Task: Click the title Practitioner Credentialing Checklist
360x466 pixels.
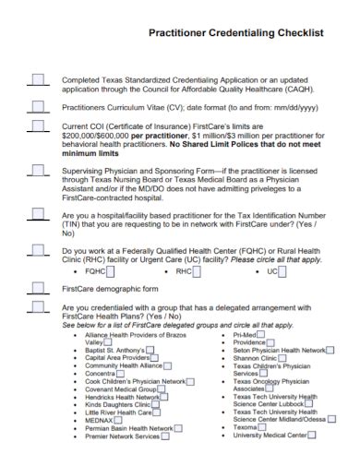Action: [x=236, y=30]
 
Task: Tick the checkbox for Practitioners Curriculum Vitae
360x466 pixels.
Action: [x=38, y=105]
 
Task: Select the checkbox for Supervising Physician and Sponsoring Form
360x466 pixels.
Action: [x=38, y=170]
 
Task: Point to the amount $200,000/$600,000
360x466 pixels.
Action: [x=92, y=135]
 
